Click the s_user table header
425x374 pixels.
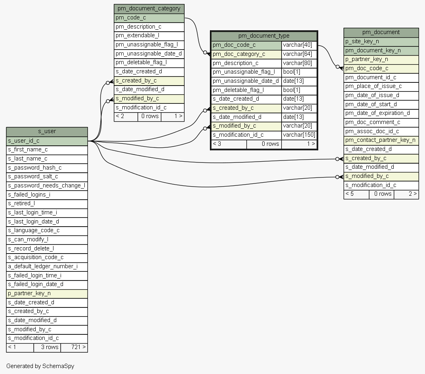[x=47, y=132]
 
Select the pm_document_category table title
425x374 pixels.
[x=149, y=8]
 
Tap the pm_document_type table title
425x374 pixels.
[x=264, y=36]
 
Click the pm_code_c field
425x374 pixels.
[x=149, y=18]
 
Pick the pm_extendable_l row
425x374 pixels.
[x=149, y=36]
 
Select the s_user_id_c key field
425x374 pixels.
[x=47, y=141]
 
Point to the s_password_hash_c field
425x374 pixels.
[x=47, y=168]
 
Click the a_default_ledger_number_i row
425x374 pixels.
[x=47, y=266]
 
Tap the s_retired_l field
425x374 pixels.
[x=47, y=203]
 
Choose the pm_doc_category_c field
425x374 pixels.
[x=246, y=54]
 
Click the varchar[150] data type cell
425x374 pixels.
[x=299, y=135]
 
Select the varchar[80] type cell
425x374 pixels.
[x=299, y=63]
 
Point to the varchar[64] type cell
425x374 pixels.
[x=299, y=54]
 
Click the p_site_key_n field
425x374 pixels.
[x=381, y=41]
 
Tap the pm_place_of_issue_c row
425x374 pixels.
[x=381, y=86]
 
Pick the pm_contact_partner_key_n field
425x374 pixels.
[x=381, y=140]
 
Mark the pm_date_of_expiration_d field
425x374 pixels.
[x=381, y=113]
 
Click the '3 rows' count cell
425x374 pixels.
[x=47, y=347]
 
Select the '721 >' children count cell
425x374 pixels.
[x=74, y=347]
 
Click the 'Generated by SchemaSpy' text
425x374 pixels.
[x=40, y=366]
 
